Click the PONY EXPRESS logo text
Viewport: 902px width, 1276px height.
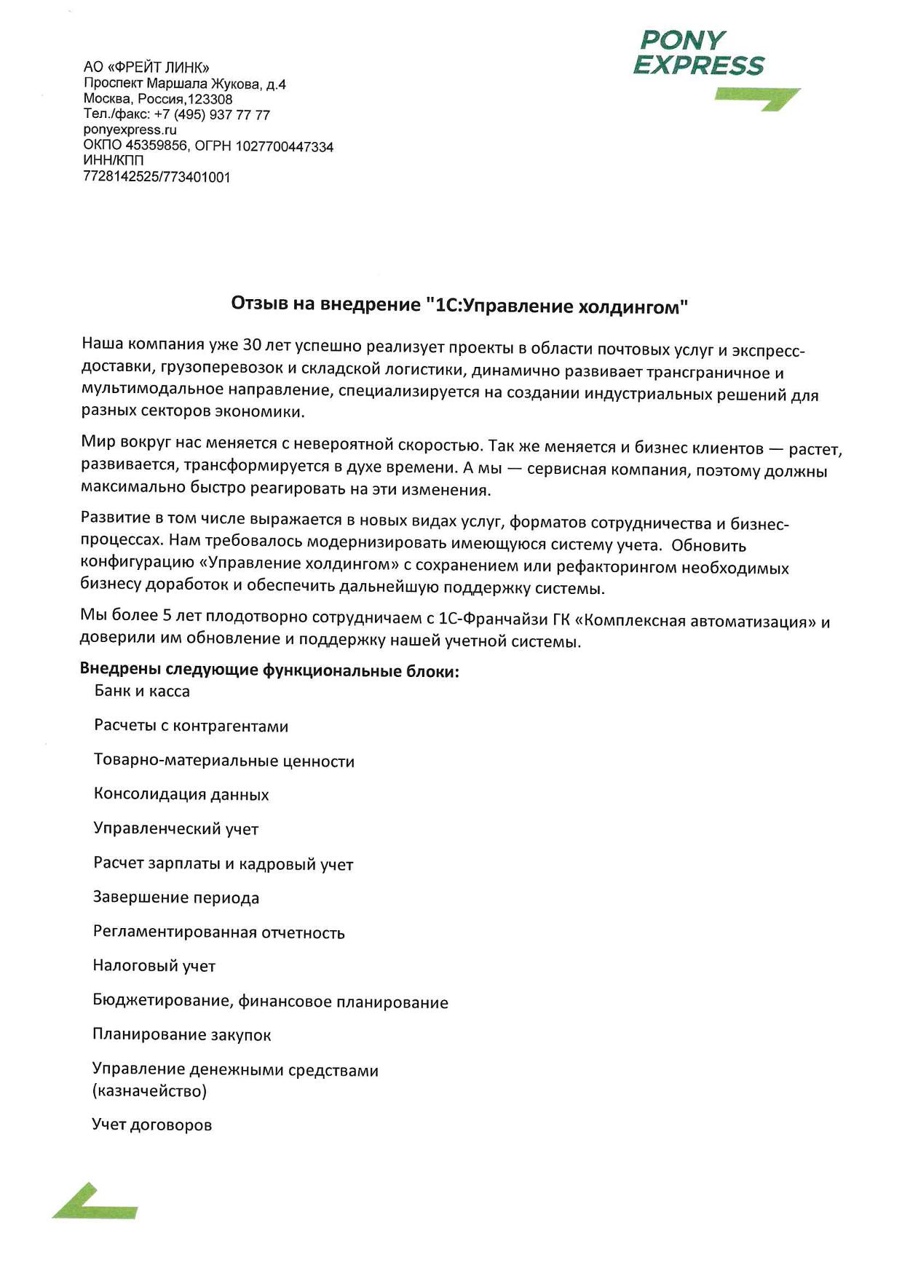point(698,52)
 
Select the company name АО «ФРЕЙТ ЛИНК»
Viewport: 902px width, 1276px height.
point(146,68)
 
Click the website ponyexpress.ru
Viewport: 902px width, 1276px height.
point(130,130)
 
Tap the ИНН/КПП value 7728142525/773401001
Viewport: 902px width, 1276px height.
point(157,177)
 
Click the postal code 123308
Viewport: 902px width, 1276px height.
point(210,100)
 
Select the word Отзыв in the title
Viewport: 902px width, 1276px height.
point(260,303)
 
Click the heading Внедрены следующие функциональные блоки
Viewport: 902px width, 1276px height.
point(269,670)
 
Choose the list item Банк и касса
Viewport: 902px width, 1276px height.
point(142,691)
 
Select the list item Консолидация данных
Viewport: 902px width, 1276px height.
point(181,794)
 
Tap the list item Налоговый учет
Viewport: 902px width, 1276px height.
point(154,966)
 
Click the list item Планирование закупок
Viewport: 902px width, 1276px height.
point(182,1034)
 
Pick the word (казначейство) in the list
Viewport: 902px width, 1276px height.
point(150,1090)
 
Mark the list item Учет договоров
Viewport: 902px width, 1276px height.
point(152,1125)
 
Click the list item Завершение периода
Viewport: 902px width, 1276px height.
point(176,897)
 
